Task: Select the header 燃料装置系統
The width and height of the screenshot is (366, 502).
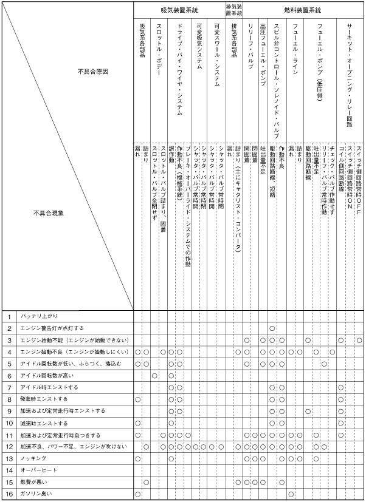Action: tap(303, 10)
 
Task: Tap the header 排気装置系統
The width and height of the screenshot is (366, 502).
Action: tap(234, 10)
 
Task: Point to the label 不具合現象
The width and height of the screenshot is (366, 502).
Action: tap(49, 214)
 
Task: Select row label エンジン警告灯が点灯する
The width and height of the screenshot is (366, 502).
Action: tap(52, 328)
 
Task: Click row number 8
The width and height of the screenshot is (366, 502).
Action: tap(10, 399)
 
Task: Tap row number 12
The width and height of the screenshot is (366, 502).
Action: tap(10, 447)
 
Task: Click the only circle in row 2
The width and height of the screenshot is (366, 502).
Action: tap(272, 328)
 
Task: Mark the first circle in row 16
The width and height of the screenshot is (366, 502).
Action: tap(139, 495)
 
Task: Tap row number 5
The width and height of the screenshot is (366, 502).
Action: tap(10, 364)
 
